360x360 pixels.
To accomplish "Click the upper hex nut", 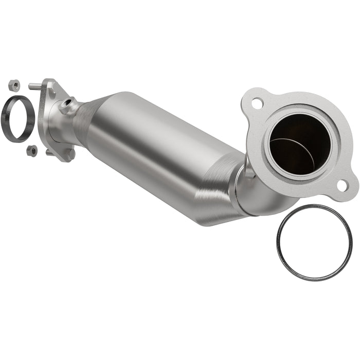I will coord(14,85).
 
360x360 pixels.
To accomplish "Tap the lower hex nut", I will coord(31,150).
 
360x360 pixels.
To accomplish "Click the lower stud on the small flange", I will coord(49,152).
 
